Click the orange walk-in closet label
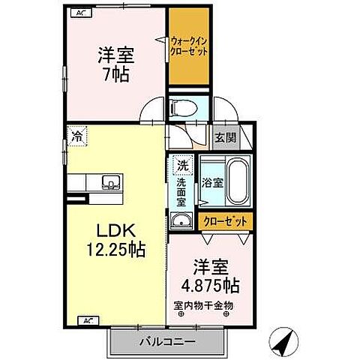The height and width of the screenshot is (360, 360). coord(189,46)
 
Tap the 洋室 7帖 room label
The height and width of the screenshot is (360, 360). coord(115,64)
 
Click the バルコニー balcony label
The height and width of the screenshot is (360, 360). coord(167,342)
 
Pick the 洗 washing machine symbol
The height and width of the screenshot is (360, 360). coord(182,164)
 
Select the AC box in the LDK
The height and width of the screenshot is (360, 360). coord(87,321)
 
